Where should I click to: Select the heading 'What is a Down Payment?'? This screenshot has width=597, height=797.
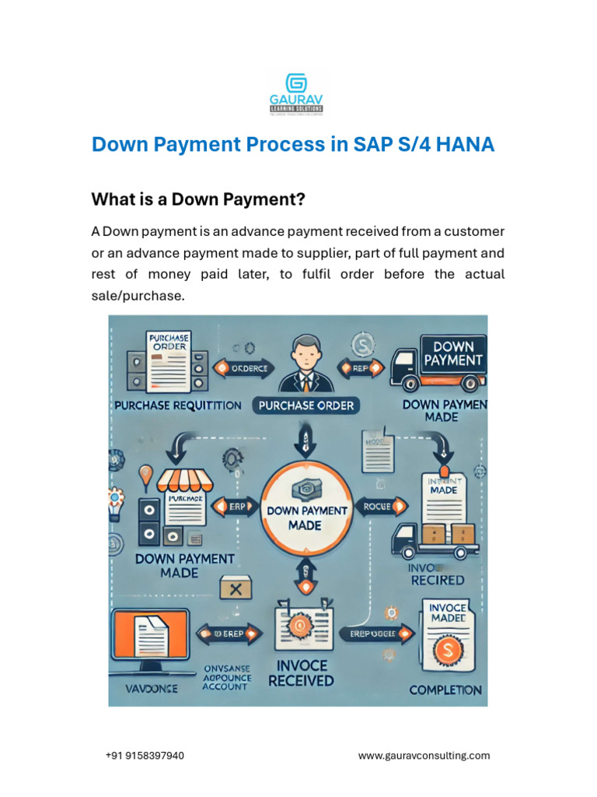pyautogui.click(x=198, y=200)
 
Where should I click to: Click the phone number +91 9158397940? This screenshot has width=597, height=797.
pyautogui.click(x=145, y=756)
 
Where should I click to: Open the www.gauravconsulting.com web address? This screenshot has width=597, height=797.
pyautogui.click(x=424, y=756)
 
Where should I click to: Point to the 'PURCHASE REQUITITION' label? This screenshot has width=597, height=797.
pyautogui.click(x=178, y=406)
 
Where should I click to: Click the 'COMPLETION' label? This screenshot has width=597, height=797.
pyautogui.click(x=445, y=690)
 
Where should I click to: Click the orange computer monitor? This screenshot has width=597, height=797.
pyautogui.click(x=151, y=635)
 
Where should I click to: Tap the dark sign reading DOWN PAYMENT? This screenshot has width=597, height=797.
pyautogui.click(x=452, y=353)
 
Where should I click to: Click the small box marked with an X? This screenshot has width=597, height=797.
pyautogui.click(x=236, y=588)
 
